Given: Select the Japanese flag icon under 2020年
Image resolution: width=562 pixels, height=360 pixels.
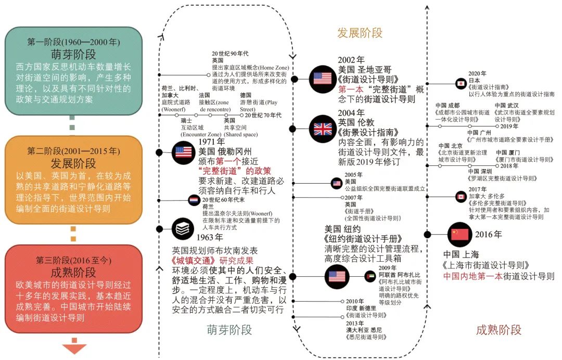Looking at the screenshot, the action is pos(460,83).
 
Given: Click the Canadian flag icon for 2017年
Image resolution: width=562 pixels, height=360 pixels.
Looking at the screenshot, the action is pos(461,196).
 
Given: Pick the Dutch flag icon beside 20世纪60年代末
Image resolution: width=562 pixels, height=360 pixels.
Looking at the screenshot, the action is pos(194,200).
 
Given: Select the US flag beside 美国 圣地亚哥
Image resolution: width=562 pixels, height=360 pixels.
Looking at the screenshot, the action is pos(322,79).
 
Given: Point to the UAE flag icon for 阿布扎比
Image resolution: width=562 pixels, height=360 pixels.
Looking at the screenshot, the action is pos(371,276).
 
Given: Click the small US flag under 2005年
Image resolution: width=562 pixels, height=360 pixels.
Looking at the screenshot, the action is pos(337,183).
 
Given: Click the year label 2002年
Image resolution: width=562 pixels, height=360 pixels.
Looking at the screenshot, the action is pos(351,60).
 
